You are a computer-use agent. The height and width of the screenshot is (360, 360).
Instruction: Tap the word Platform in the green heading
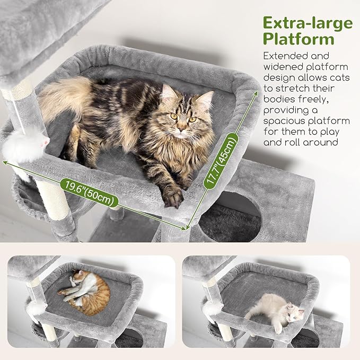click(299, 39)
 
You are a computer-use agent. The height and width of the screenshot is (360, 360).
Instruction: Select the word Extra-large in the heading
click(308, 23)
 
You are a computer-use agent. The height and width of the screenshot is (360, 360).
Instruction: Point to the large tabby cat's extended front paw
click(173, 197)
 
